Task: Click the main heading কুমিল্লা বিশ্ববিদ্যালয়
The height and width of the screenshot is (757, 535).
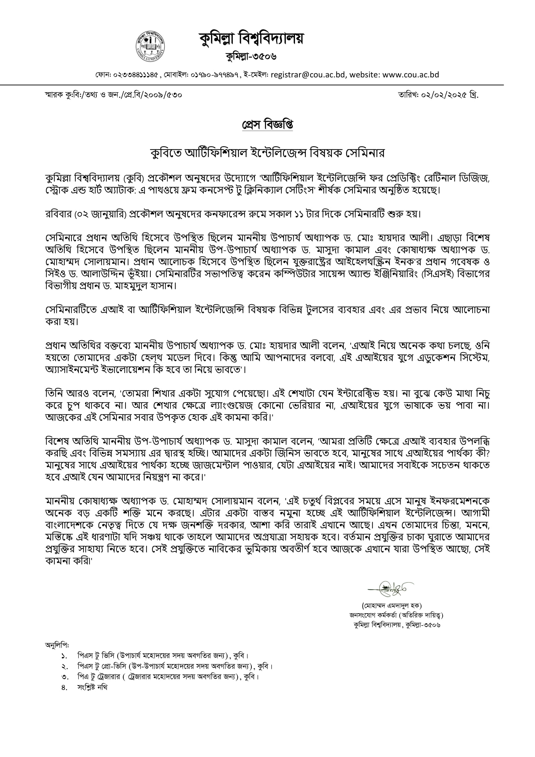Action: point(251,39)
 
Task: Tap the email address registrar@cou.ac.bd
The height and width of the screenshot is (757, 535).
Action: point(308,75)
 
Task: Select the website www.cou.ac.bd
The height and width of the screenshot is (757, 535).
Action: point(411,75)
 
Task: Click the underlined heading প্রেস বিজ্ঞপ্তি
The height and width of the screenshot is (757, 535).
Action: point(267,125)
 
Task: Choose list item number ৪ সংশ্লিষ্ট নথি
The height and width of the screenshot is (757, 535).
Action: point(92,687)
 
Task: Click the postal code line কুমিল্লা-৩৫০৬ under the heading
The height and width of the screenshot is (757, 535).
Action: point(251,56)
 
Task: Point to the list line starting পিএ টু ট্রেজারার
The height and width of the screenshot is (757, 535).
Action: point(168,677)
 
